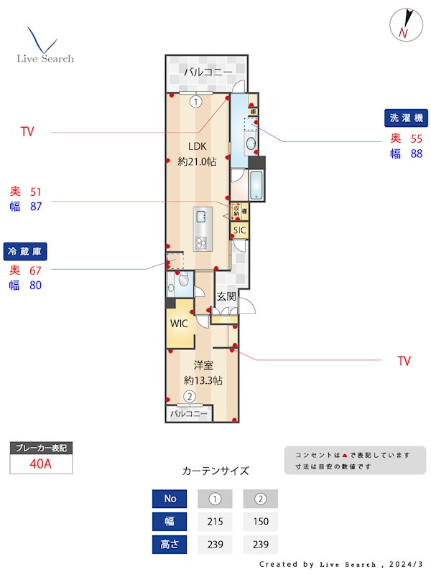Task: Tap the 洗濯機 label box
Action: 406,117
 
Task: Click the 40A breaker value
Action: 41,464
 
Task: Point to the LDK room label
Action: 197,143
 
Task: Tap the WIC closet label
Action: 179,323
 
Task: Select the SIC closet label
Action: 239,230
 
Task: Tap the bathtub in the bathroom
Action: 256,185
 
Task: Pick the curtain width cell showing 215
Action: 213,522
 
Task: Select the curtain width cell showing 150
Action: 261,522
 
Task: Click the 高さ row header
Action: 170,545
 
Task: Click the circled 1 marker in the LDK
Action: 195,102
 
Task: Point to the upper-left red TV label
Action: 27,132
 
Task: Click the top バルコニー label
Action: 207,72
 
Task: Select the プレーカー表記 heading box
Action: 41,448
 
